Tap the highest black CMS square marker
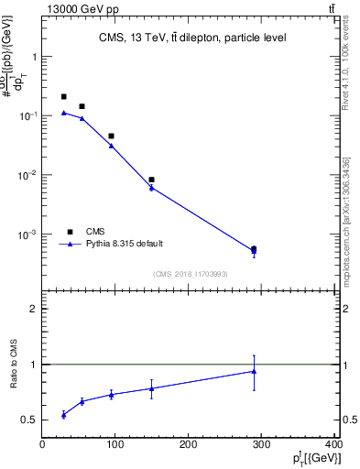pyautogui.click(x=63, y=96)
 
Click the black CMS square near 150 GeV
pyautogui.click(x=151, y=180)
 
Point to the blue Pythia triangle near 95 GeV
pyautogui.click(x=111, y=146)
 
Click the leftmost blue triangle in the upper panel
pyautogui.click(x=63, y=113)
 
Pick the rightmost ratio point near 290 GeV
pyautogui.click(x=254, y=371)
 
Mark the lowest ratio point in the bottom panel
pyautogui.click(x=63, y=415)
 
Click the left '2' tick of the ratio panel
pyautogui.click(x=34, y=309)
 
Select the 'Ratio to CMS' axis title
pyautogui.click(x=14, y=364)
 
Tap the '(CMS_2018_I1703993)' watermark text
pyautogui.click(x=191, y=273)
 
